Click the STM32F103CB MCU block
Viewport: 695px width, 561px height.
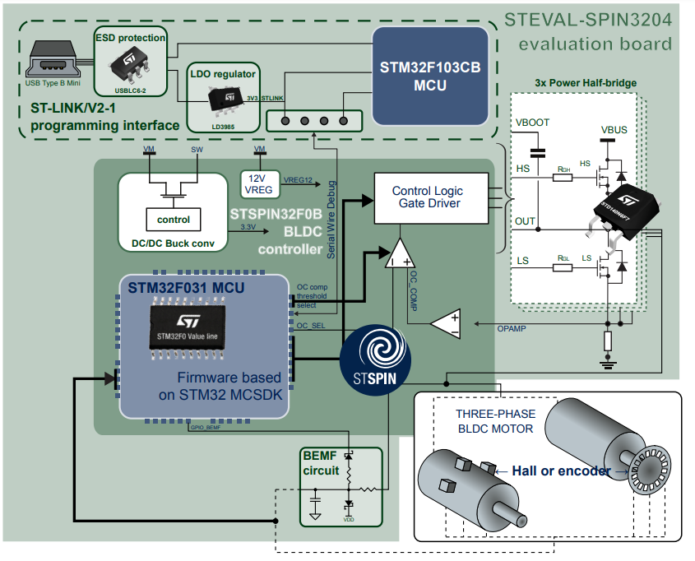point(429,75)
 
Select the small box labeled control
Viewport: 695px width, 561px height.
point(173,220)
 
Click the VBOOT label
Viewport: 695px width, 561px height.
point(532,123)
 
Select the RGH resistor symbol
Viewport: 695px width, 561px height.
point(563,176)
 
